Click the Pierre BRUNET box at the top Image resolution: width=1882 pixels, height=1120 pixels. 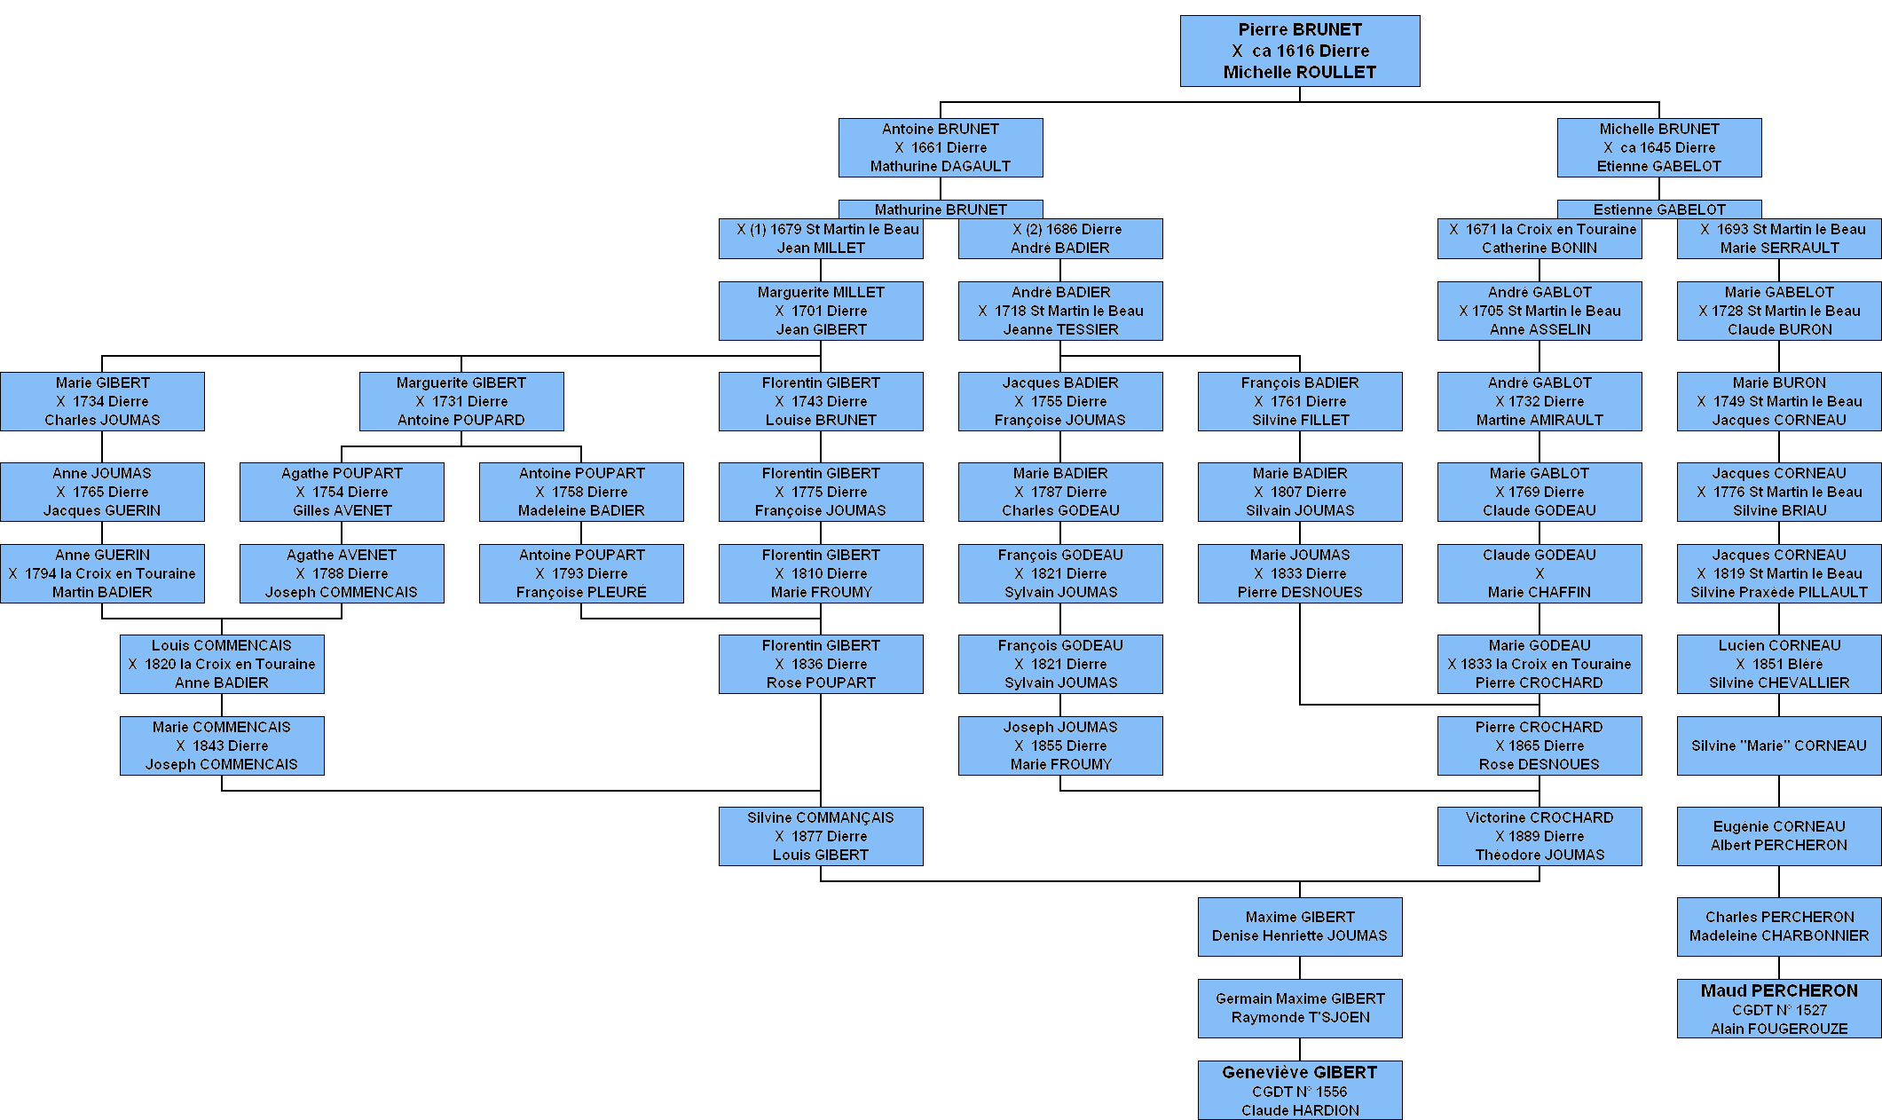tap(1300, 51)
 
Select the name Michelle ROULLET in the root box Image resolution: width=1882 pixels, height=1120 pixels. tap(1300, 72)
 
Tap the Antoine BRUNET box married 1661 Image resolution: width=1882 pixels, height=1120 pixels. tap(941, 147)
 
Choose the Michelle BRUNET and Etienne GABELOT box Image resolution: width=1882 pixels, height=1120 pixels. tap(1659, 147)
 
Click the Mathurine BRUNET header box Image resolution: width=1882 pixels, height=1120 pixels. tap(941, 209)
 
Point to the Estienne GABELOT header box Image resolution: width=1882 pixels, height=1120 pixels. tap(1659, 209)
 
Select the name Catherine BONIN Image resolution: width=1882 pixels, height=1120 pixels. tap(1539, 248)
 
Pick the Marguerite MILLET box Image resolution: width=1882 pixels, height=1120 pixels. tap(821, 311)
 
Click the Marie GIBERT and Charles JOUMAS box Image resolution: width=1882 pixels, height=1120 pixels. tap(102, 401)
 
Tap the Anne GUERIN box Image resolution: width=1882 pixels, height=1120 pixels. tap(102, 573)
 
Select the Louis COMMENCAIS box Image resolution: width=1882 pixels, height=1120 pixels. tap(222, 664)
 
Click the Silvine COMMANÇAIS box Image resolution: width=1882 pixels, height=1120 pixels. tap(821, 836)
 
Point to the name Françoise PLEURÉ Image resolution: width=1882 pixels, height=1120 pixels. tap(581, 592)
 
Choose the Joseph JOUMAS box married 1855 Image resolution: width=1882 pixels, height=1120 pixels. tap(1060, 745)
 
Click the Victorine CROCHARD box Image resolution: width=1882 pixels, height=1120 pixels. tap(1539, 836)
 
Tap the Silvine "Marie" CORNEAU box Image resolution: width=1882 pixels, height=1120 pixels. tap(1779, 745)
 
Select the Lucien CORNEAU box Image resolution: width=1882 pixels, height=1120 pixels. tap(1779, 664)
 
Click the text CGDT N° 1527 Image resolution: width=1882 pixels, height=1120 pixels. tap(1779, 1010)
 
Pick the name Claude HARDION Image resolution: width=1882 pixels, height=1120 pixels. tap(1300, 1110)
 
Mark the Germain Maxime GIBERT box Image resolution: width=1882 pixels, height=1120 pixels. tap(1300, 1008)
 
